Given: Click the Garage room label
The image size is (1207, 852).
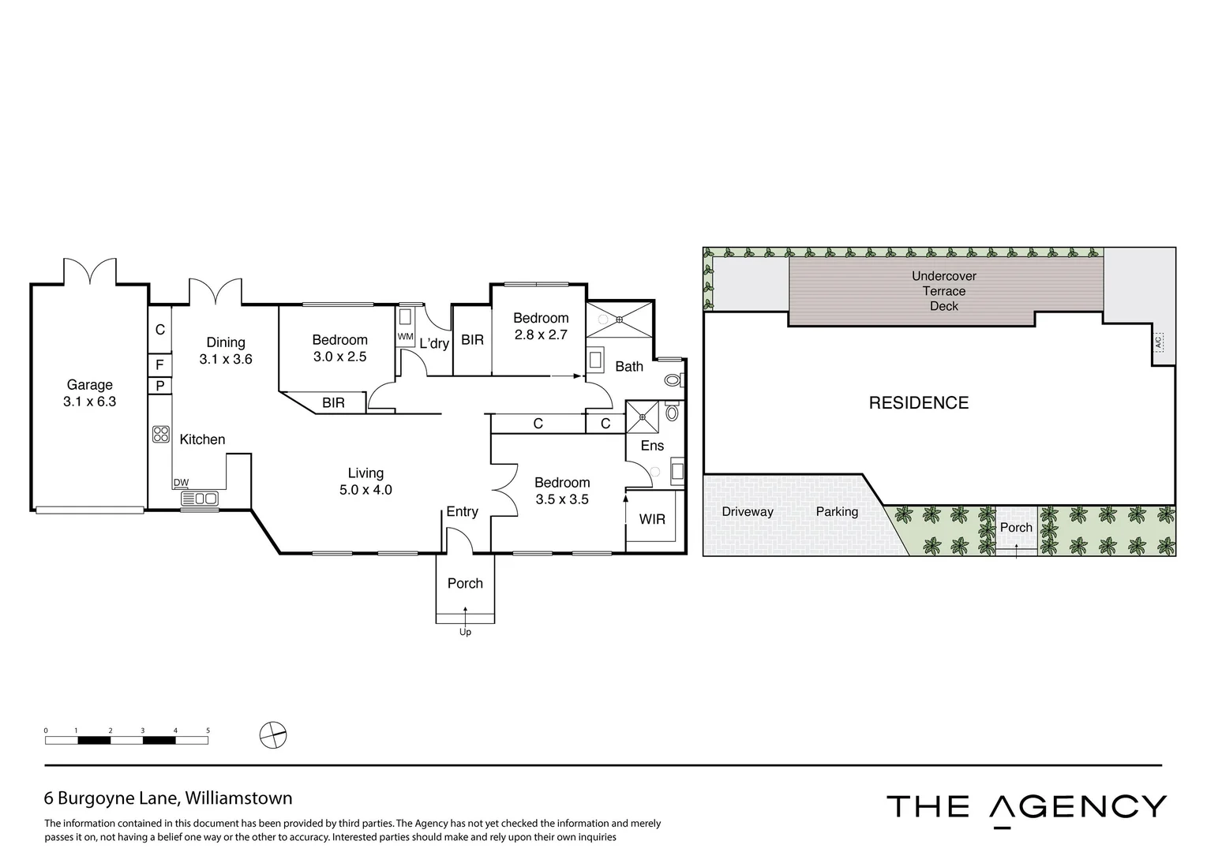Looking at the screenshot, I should pyautogui.click(x=89, y=385).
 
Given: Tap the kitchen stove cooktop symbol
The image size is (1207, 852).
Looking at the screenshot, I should pyautogui.click(x=161, y=433).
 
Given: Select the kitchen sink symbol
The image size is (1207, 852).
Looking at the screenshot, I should pyautogui.click(x=200, y=499).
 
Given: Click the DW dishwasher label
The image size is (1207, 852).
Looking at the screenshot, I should pyautogui.click(x=181, y=483).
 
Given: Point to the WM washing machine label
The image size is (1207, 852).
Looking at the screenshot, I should pyautogui.click(x=405, y=337).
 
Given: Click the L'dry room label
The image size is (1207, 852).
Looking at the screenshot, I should pyautogui.click(x=434, y=343).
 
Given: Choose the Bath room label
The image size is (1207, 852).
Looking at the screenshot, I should pyautogui.click(x=629, y=366).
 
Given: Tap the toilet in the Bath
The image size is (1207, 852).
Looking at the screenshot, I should pyautogui.click(x=673, y=379).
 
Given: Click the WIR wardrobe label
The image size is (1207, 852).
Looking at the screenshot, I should pyautogui.click(x=652, y=519).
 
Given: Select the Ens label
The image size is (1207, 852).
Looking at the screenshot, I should pyautogui.click(x=652, y=446).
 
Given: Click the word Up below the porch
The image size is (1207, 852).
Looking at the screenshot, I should pyautogui.click(x=465, y=632).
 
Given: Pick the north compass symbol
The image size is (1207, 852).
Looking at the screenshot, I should pyautogui.click(x=272, y=735).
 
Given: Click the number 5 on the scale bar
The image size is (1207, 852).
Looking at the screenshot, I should pyautogui.click(x=208, y=731).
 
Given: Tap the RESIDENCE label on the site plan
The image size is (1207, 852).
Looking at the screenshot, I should pyautogui.click(x=918, y=403).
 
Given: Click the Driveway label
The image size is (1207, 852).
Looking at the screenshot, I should pyautogui.click(x=748, y=512).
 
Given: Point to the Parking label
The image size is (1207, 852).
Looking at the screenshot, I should pyautogui.click(x=837, y=512).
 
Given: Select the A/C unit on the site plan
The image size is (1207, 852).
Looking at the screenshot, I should pyautogui.click(x=1159, y=342).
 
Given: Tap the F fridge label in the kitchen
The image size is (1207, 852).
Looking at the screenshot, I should pyautogui.click(x=159, y=365).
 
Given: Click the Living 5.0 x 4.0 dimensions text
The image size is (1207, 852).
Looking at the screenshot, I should pyautogui.click(x=365, y=490).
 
